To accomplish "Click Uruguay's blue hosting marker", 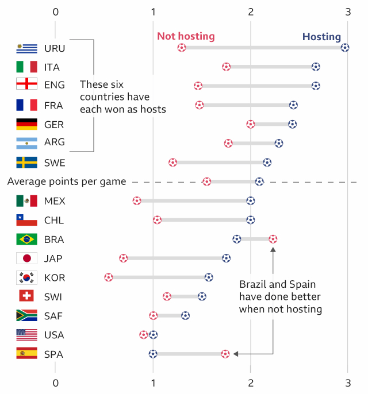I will (x=344, y=48).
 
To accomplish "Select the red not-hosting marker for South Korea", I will (x=109, y=277).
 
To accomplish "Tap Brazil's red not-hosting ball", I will (x=273, y=239).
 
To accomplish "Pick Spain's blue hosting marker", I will (x=153, y=354).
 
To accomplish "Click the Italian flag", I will (x=27, y=67).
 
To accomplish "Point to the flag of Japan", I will (x=27, y=258).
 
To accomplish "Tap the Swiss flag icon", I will (x=27, y=296).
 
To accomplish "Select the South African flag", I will (x=27, y=315).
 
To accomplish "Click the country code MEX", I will (x=55, y=201).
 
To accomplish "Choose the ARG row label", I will (x=55, y=142).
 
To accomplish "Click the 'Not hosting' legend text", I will (x=186, y=36).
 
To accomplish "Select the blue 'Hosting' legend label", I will (x=321, y=37).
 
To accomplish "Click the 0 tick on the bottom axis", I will (x=55, y=383).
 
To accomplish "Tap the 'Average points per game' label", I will (x=67, y=181).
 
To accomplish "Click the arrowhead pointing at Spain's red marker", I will (x=236, y=354).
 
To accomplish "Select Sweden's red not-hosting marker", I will (x=173, y=163).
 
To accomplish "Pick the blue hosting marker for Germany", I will (x=292, y=124).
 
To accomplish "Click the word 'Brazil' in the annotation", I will (x=252, y=284).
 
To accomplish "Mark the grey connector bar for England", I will (x=256, y=86).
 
